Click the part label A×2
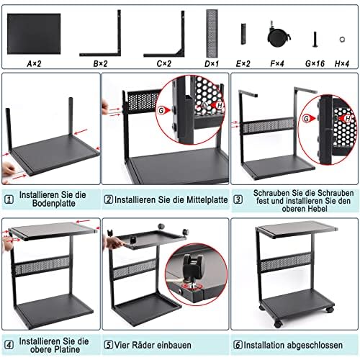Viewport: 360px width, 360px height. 35,63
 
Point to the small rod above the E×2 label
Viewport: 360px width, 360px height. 243,32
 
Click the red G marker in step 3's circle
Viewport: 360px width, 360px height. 309,117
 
